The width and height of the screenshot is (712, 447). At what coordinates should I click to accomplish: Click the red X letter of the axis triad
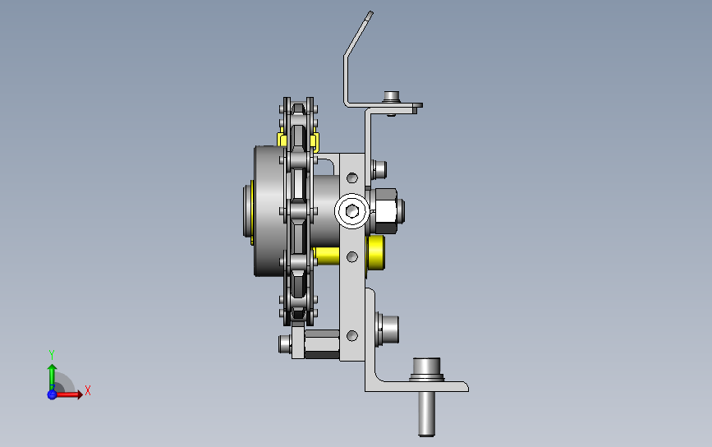[88, 390]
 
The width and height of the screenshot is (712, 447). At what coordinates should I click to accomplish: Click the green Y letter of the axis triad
[52, 354]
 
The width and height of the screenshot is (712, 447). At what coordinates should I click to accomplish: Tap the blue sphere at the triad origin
[53, 394]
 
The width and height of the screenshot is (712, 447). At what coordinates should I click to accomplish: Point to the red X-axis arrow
[68, 394]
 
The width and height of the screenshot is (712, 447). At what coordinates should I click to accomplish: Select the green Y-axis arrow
[53, 376]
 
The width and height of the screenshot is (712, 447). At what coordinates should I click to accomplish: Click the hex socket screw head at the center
[352, 211]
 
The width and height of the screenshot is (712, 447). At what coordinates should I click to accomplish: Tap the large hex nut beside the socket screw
[384, 211]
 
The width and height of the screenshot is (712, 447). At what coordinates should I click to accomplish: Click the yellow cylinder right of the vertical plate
[375, 252]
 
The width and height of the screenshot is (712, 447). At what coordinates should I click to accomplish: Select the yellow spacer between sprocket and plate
[326, 256]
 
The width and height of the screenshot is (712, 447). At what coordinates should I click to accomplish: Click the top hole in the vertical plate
[352, 177]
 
